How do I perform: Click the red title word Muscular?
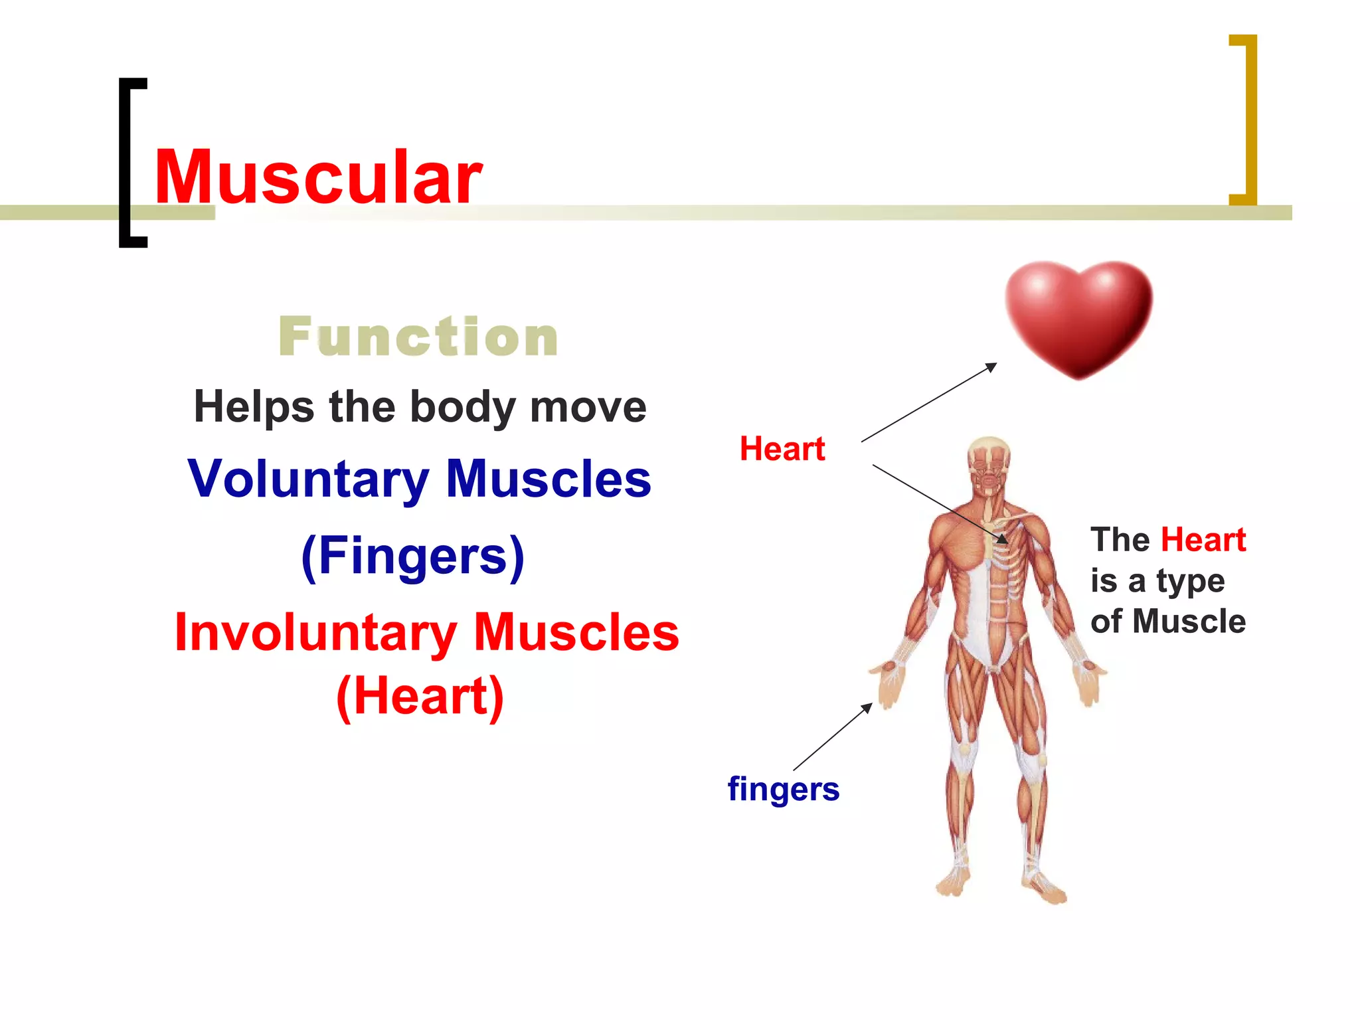(318, 177)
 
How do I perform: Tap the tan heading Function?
(418, 337)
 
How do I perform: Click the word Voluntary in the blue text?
(309, 479)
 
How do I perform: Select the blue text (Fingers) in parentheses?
(413, 556)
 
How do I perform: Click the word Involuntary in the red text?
(316, 633)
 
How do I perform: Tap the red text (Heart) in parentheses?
(420, 697)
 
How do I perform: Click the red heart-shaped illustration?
(1078, 317)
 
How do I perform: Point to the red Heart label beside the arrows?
(782, 449)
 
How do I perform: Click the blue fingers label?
(784, 789)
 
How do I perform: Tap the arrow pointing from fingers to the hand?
(833, 736)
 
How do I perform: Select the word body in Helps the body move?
(462, 407)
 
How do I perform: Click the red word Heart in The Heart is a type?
(1203, 540)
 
